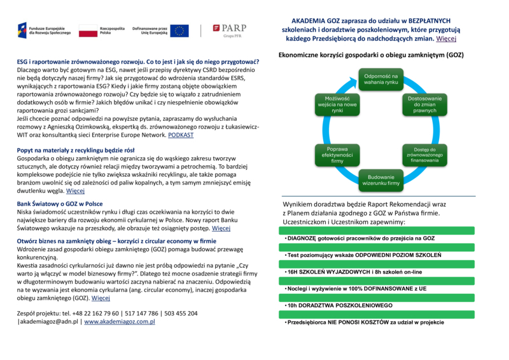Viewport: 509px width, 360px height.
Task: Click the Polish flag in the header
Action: [x=87, y=31]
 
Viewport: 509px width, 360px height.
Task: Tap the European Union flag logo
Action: [x=179, y=31]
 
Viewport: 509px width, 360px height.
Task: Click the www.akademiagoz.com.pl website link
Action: [x=120, y=322]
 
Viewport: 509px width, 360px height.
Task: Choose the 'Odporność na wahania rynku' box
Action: [x=381, y=80]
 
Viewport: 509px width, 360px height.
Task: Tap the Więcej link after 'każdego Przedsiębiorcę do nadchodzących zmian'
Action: [x=446, y=39]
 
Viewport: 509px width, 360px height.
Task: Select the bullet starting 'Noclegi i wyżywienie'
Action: [x=347, y=289]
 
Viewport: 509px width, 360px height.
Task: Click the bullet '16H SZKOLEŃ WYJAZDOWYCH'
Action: [x=359, y=272]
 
